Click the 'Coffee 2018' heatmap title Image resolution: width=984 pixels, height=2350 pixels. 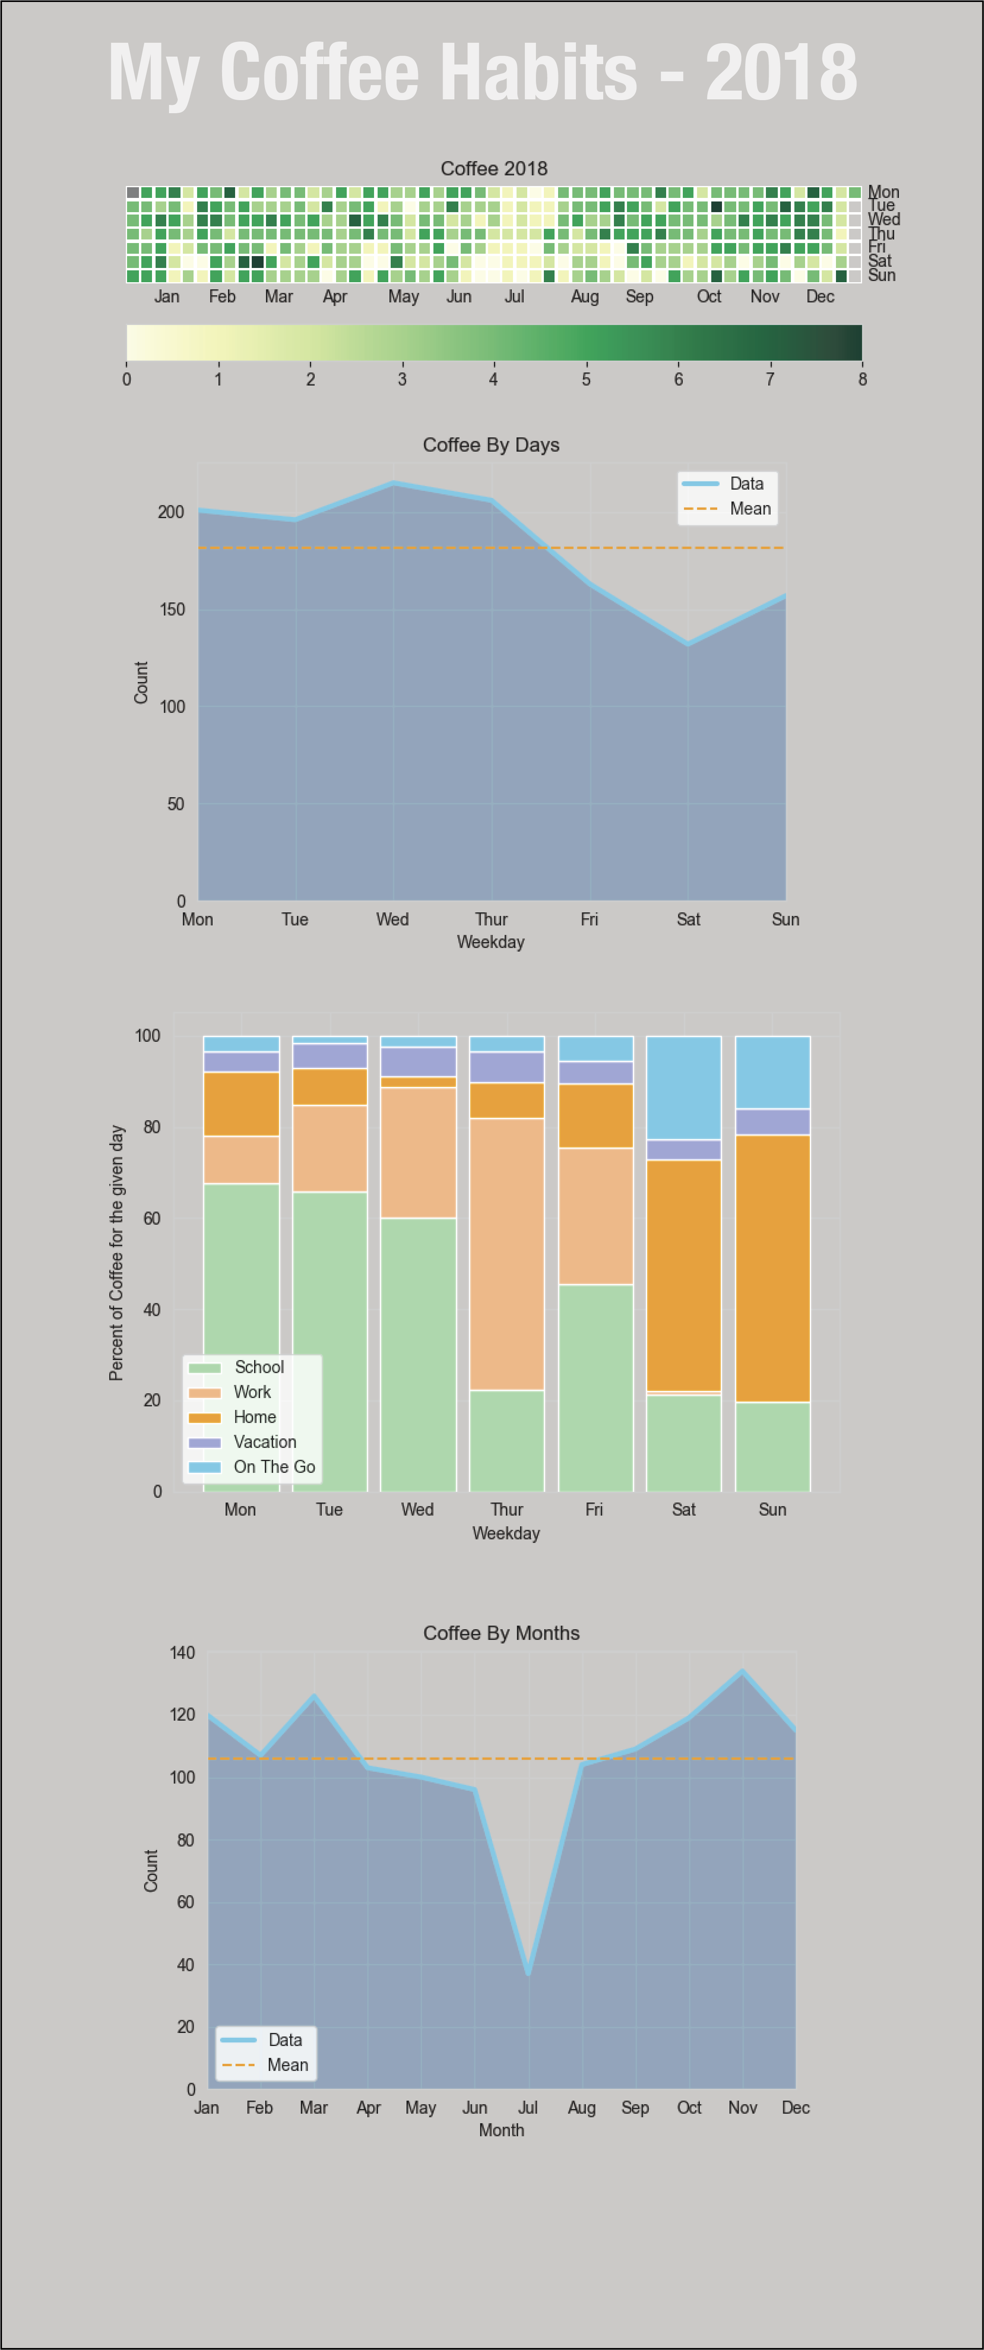493,169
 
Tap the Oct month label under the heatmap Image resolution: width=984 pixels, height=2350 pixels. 709,296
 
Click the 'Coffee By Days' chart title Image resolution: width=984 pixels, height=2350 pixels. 491,445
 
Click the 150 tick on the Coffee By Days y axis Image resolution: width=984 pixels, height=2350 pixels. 171,610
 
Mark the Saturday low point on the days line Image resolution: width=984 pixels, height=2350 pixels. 688,644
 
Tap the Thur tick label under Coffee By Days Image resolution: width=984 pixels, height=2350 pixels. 491,919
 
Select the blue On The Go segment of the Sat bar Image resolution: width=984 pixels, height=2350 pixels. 683,1087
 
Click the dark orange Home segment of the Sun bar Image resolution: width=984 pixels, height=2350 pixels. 772,1268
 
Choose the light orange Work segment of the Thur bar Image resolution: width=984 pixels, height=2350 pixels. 506,1254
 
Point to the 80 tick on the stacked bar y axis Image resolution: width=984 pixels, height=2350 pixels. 151,1128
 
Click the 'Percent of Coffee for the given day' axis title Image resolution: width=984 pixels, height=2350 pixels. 117,1252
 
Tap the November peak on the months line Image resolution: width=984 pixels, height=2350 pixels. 742,1671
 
